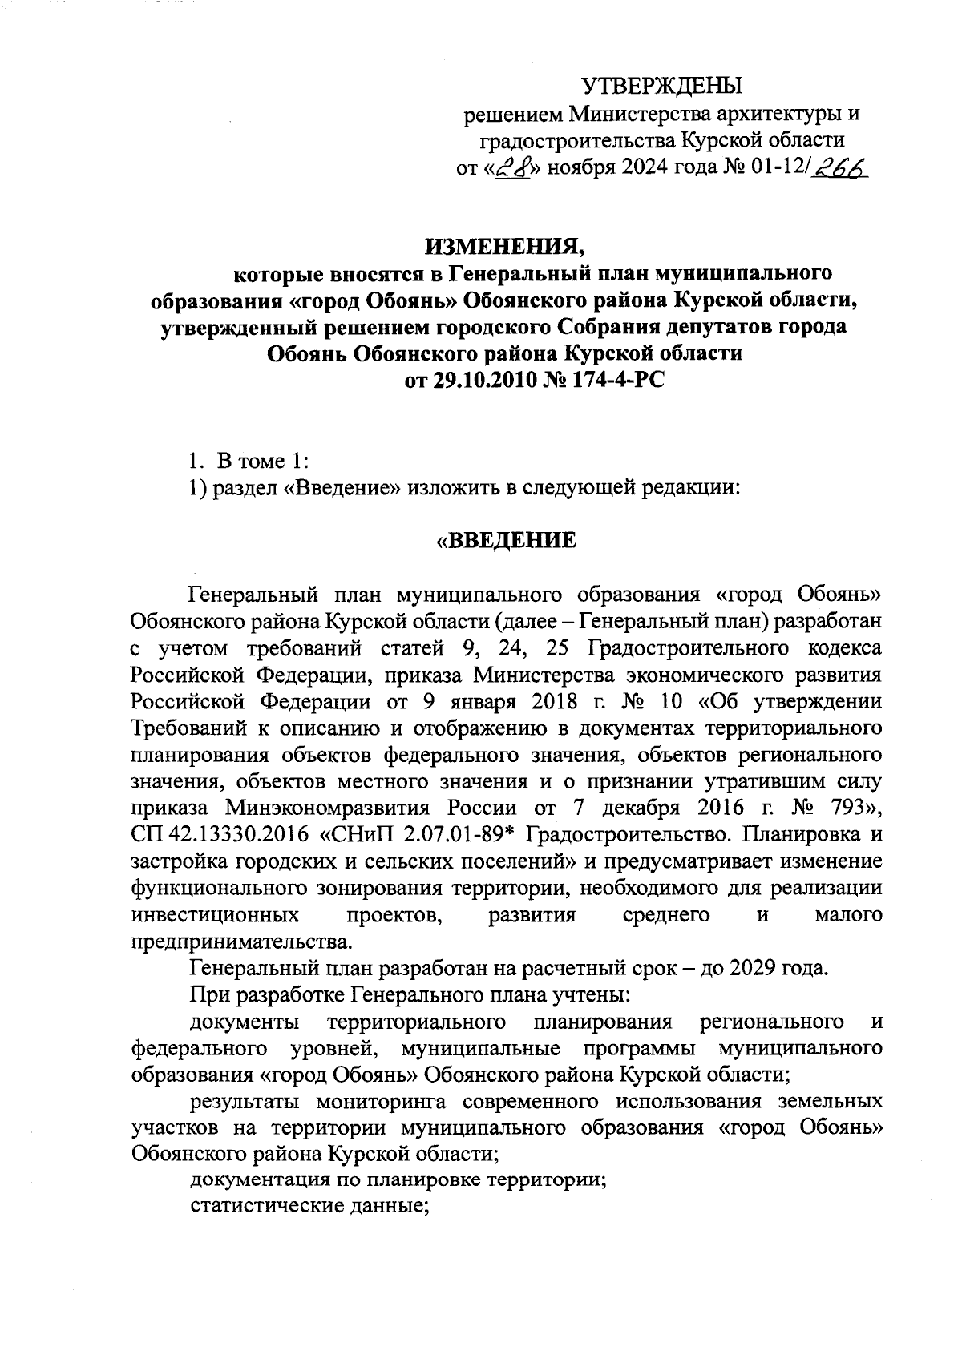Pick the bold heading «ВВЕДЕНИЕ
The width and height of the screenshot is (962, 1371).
coord(505,540)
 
